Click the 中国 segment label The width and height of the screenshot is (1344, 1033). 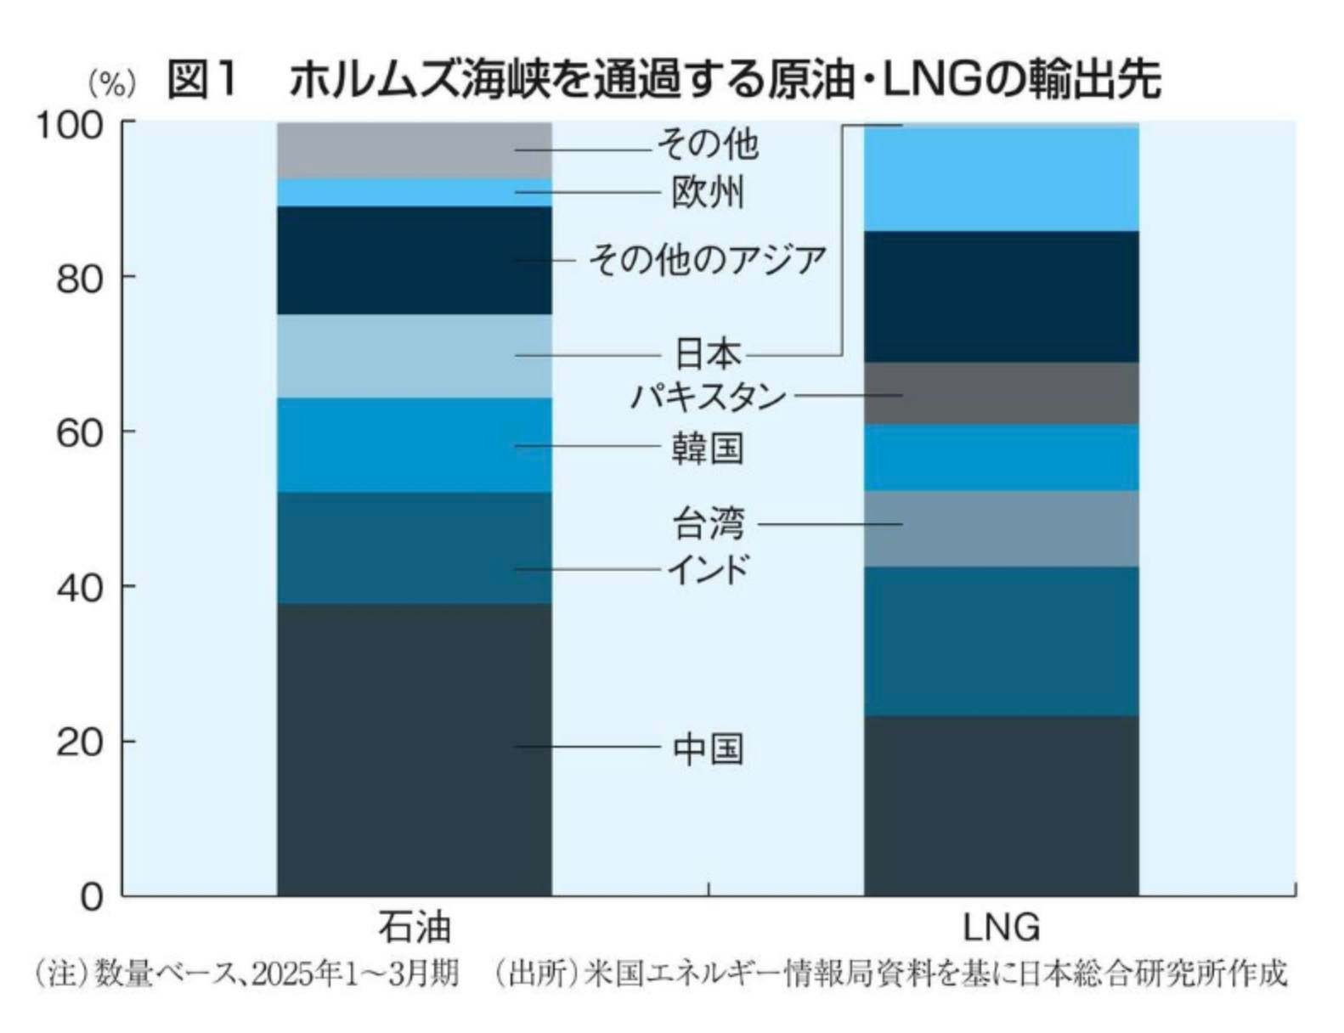click(708, 748)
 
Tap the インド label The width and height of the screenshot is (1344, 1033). click(708, 568)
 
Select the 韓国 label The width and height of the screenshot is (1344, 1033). click(708, 448)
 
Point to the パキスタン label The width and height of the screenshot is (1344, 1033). click(708, 397)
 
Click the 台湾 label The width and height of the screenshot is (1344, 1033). click(708, 523)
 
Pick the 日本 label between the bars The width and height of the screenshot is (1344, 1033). click(708, 353)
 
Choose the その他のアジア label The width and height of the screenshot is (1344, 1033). click(708, 259)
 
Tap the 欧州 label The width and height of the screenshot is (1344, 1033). click(708, 193)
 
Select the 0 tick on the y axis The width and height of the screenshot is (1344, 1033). click(91, 897)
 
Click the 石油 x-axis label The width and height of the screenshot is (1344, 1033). click(414, 927)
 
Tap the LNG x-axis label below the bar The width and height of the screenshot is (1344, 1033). click(1001, 927)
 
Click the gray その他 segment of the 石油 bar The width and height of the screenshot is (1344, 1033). click(414, 150)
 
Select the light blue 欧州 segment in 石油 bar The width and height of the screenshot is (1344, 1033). click(414, 192)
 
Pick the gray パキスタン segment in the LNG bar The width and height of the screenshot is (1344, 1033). click(1001, 393)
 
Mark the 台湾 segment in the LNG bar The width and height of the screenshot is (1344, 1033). click(1001, 528)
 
